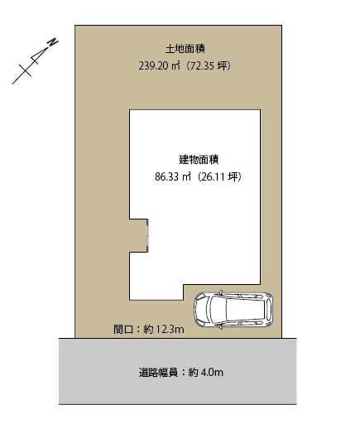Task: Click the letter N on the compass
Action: click(x=52, y=43)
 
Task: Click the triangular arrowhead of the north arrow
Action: click(x=38, y=55)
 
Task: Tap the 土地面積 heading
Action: click(x=185, y=49)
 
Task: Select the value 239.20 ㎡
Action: click(x=159, y=66)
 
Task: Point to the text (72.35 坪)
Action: click(x=207, y=66)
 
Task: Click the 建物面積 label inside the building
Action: click(x=199, y=160)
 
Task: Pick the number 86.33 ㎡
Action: click(x=173, y=176)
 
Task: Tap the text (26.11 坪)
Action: click(x=218, y=176)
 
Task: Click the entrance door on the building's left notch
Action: click(x=147, y=235)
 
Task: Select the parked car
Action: click(x=233, y=310)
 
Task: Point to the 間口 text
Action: click(x=123, y=330)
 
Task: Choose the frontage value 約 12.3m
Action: click(x=164, y=330)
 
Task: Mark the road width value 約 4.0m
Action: click(x=206, y=373)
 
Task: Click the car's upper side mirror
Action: click(x=221, y=292)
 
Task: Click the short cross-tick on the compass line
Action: click(x=25, y=70)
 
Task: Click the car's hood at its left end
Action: click(x=197, y=310)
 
